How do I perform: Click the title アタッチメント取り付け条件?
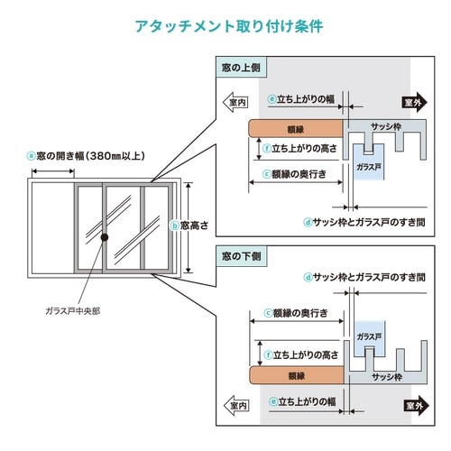(229, 26)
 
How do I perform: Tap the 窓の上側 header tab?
(241, 68)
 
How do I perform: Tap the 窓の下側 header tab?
(242, 256)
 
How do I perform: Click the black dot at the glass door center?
(105, 237)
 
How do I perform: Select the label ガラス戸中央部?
(73, 311)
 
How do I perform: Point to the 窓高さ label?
(189, 225)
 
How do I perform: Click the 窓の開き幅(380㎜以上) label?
(87, 156)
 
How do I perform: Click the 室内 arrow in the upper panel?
(235, 102)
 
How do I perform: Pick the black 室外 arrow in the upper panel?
(415, 103)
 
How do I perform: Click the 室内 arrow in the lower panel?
(236, 406)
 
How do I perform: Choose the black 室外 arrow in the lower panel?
(416, 406)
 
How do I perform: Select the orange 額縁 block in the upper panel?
(296, 129)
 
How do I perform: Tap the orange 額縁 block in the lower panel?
(297, 375)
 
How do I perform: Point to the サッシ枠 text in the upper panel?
(386, 127)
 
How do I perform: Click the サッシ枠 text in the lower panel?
(387, 377)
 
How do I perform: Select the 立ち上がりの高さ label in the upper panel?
(300, 149)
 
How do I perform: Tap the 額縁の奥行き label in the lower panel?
(296, 313)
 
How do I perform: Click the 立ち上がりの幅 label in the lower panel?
(302, 401)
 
